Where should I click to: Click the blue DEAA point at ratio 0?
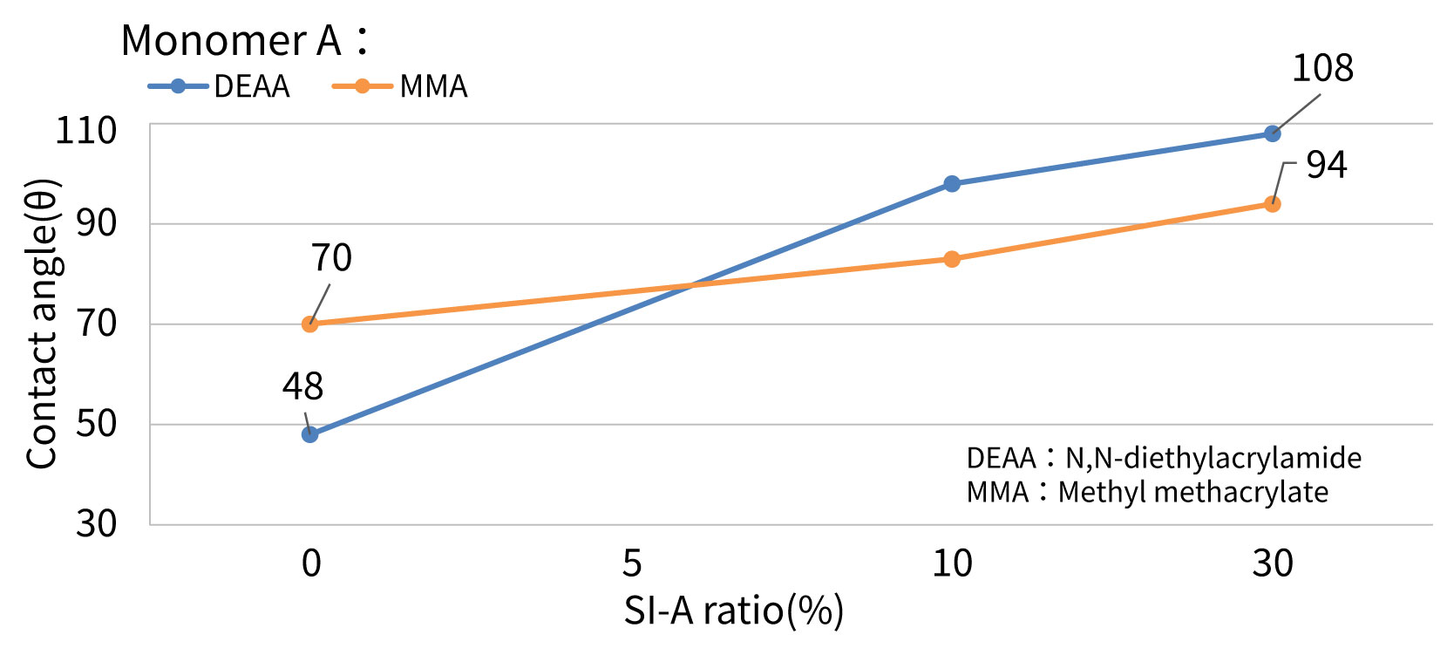tap(310, 434)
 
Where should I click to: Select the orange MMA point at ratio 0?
tap(310, 324)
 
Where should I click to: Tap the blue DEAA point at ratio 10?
tap(952, 184)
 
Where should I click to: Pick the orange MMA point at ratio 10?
tap(952, 259)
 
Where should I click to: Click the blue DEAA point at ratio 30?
tap(1273, 133)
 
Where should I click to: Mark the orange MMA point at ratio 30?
tap(1273, 204)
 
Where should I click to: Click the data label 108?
tap(1322, 68)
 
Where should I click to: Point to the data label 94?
tap(1326, 165)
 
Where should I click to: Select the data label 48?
tap(302, 386)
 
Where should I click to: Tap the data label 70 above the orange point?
tap(331, 258)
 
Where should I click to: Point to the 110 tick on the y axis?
tap(86, 131)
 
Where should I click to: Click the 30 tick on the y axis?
tap(96, 523)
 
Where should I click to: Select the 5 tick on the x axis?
tap(632, 563)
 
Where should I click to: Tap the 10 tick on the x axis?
tap(952, 563)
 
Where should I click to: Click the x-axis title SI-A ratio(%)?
tap(733, 611)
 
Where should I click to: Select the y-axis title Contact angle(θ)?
tap(42, 324)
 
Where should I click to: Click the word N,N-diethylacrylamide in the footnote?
tap(1213, 458)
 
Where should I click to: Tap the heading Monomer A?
tap(232, 40)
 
